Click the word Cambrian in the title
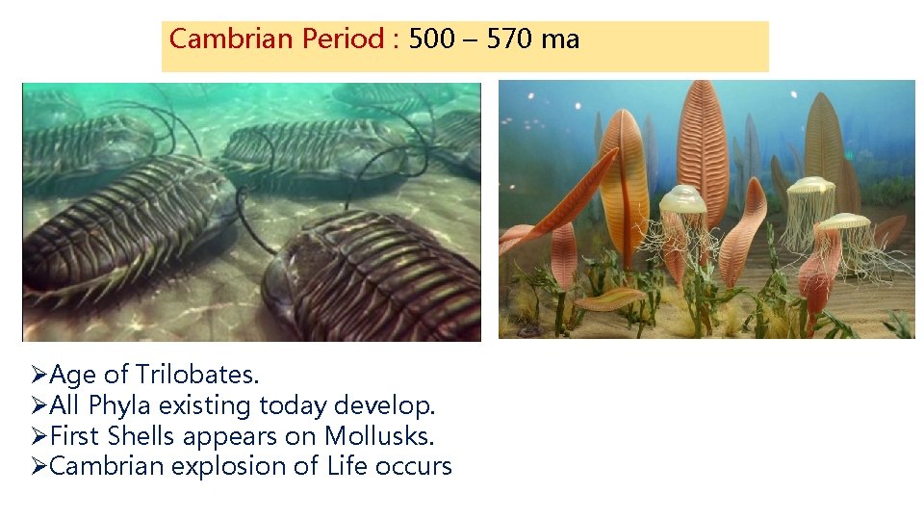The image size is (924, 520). (x=217, y=39)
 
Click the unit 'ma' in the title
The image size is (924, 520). (x=561, y=40)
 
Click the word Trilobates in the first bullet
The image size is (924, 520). (x=198, y=375)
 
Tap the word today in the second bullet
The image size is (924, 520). (x=295, y=405)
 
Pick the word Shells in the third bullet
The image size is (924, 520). (x=141, y=436)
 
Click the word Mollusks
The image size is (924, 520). (x=379, y=436)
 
